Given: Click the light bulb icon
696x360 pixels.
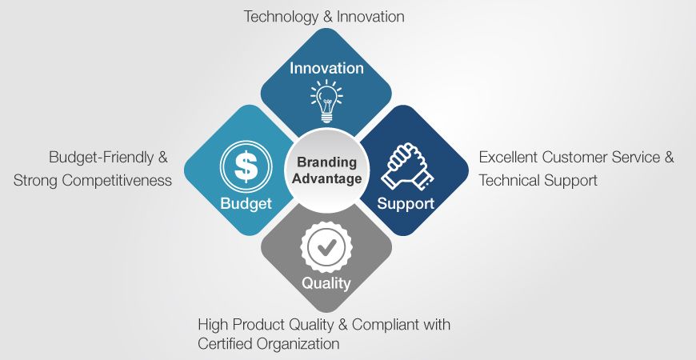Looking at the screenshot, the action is [326, 102].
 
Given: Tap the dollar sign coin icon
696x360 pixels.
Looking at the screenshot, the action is [246, 166].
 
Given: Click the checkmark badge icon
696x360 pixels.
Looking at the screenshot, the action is [326, 248].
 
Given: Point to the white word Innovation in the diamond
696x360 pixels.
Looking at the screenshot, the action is [326, 68].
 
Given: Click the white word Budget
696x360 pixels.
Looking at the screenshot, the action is [246, 204].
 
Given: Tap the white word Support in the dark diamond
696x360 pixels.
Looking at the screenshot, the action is [406, 204].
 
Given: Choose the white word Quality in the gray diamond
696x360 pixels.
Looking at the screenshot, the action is [326, 282].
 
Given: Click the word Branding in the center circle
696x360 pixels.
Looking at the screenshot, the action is [326, 162].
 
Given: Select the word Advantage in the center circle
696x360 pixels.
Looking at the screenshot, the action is [326, 179].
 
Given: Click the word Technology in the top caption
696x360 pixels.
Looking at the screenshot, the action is [281, 17].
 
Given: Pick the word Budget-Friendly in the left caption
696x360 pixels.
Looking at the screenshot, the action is [101, 157].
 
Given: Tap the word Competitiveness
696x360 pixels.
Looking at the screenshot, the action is [117, 181].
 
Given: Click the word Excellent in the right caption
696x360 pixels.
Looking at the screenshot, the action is [508, 157].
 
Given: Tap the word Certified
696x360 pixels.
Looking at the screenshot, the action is [224, 343].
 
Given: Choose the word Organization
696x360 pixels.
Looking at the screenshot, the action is [298, 344].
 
